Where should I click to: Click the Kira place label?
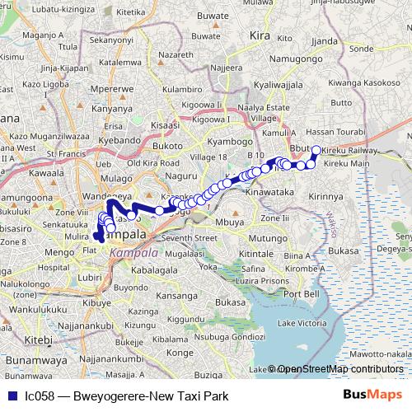click(260, 37)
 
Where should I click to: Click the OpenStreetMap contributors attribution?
click(339, 369)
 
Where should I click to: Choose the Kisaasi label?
click(164, 125)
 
